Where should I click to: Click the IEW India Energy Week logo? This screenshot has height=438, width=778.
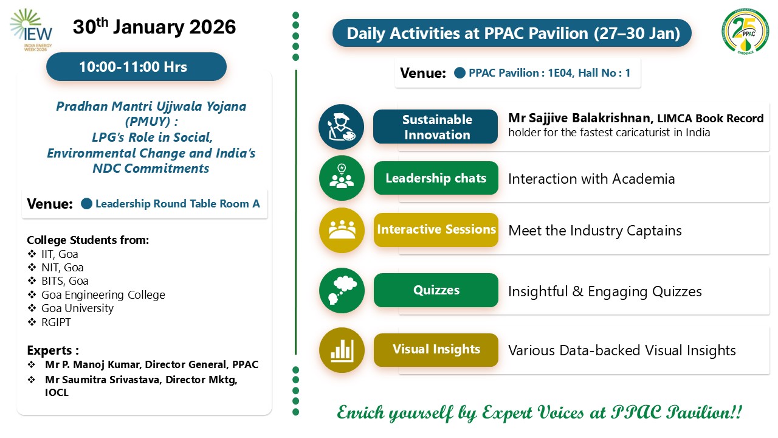(x=31, y=30)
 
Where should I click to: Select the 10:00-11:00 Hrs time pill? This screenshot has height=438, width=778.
(x=136, y=67)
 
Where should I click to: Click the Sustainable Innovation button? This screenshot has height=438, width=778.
(x=436, y=127)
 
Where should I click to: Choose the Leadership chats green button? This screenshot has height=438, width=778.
(x=436, y=178)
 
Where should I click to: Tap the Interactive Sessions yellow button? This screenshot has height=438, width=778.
(x=436, y=230)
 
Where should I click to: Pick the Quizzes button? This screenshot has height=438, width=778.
(x=436, y=290)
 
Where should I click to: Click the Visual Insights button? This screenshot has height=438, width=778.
(x=436, y=350)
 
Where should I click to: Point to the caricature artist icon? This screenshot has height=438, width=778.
(x=342, y=127)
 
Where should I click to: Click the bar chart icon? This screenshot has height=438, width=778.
(x=342, y=350)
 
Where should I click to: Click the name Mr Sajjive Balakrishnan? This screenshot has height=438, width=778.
(x=580, y=118)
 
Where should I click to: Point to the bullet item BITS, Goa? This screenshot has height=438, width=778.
(x=64, y=281)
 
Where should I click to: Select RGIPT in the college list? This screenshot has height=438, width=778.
(x=56, y=322)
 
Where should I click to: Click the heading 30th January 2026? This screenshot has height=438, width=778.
(x=154, y=26)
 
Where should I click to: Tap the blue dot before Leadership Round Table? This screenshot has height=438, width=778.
(x=86, y=204)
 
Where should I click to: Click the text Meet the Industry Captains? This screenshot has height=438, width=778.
(x=595, y=231)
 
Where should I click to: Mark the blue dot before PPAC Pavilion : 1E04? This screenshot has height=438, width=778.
(x=460, y=73)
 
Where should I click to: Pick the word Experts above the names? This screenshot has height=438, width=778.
(x=49, y=350)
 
